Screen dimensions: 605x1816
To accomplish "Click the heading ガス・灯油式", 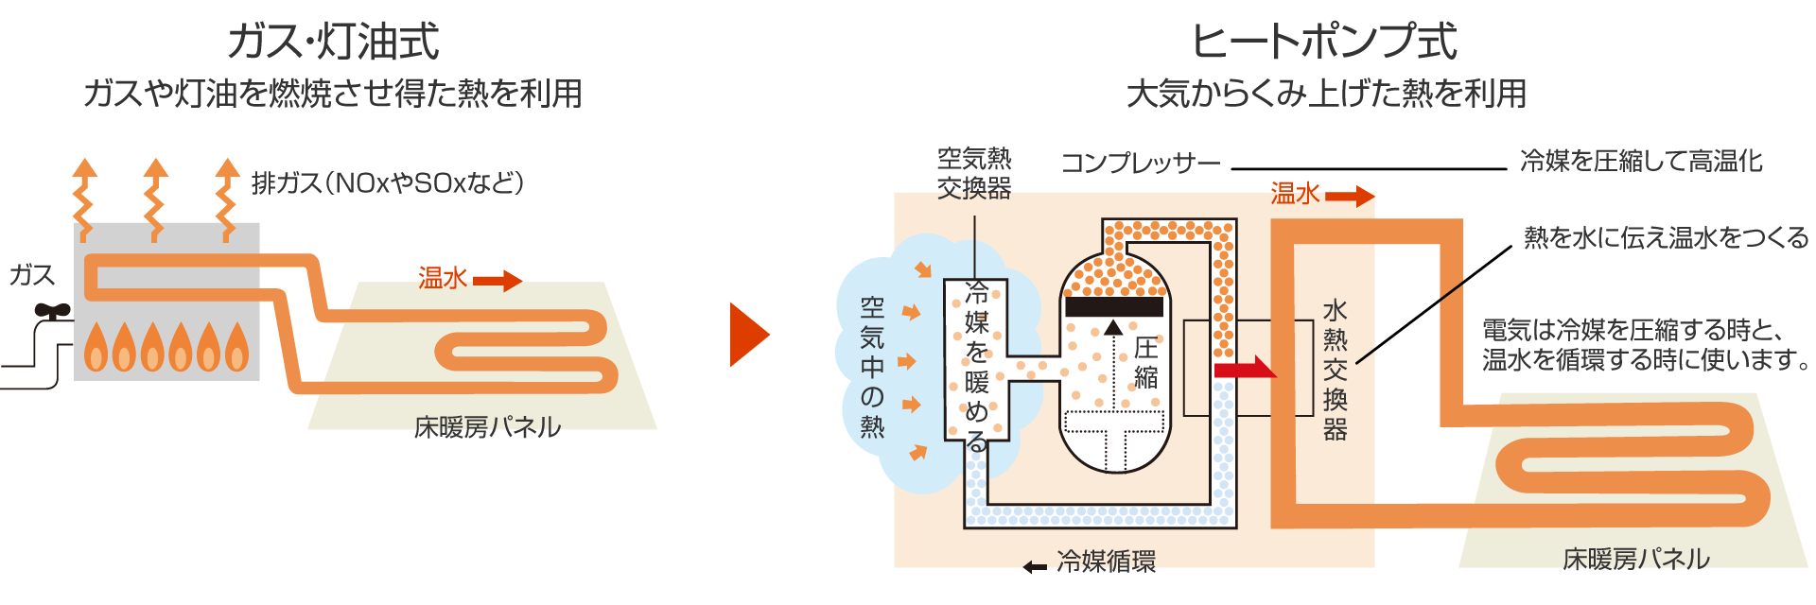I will click(x=333, y=43).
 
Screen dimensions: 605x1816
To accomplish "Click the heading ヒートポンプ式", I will click(x=1324, y=43).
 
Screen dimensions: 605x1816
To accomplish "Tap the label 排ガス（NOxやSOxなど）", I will click(x=388, y=182).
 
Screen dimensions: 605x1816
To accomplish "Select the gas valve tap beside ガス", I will click(x=52, y=311).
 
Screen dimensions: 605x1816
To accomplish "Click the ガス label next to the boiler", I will click(x=32, y=275).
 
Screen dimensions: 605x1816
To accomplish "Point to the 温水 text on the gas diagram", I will click(x=443, y=278).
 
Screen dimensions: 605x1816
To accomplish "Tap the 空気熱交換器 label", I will click(x=974, y=173).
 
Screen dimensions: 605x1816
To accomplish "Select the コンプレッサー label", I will click(x=1141, y=164).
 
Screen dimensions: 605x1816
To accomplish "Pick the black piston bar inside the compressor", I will click(x=1113, y=307).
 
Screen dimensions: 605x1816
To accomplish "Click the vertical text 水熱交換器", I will click(x=1335, y=370).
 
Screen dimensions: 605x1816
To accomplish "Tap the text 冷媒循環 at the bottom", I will click(x=1106, y=562).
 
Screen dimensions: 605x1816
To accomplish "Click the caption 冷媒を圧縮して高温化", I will click(x=1641, y=161).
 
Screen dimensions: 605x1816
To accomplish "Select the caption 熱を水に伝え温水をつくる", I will click(x=1666, y=237).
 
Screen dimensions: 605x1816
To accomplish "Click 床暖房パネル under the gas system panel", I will click(x=488, y=427).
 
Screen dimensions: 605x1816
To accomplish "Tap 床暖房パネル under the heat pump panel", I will click(x=1635, y=559).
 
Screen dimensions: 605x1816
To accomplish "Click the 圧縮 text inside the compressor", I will click(x=1145, y=363).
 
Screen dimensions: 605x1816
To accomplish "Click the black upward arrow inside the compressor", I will click(x=1113, y=328).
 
